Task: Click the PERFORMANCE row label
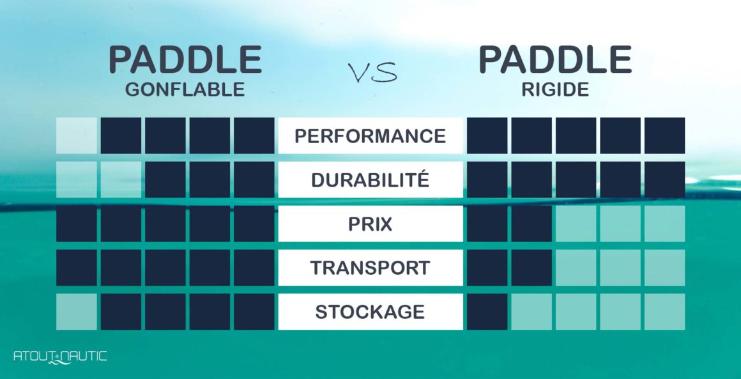(370, 135)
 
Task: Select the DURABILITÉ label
(370, 180)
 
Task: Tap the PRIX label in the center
(370, 224)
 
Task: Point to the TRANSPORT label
(370, 268)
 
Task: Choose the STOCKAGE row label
(370, 312)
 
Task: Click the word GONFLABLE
(185, 90)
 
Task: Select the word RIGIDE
(554, 90)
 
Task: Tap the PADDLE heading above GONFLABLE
(185, 60)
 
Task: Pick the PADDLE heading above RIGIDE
(554, 60)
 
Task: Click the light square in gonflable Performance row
(77, 135)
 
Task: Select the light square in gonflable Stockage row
(77, 312)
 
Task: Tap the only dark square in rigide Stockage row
(487, 312)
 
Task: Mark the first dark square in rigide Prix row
(487, 224)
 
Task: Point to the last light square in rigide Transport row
(664, 268)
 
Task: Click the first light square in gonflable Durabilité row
(77, 180)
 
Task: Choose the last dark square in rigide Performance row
(664, 135)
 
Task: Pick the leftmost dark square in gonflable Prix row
(77, 224)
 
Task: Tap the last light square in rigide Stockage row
(664, 312)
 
